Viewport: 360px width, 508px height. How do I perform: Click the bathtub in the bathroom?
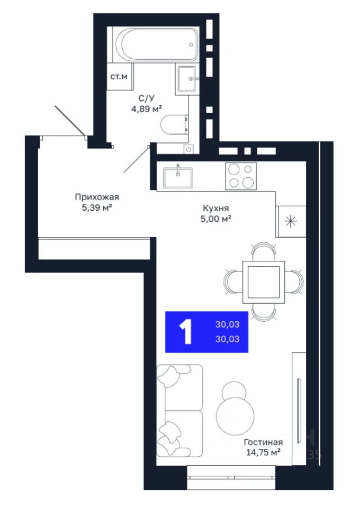pos(156,44)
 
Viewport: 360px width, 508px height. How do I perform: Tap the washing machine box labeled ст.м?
pos(119,77)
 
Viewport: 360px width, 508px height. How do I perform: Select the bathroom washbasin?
pos(187,79)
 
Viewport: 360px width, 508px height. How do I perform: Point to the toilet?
pos(174,124)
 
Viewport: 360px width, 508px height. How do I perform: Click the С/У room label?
pos(147,98)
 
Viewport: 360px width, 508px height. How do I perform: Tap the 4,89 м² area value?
pos(147,108)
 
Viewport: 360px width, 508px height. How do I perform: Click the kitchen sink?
pos(178,177)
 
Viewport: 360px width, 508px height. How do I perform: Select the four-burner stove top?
pos(241,176)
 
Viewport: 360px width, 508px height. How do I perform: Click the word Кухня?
pos(216,207)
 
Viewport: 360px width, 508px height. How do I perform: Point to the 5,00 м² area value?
pos(216,219)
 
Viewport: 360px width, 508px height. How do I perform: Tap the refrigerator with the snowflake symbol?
pos(291,221)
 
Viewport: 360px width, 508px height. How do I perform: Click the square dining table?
pos(264,282)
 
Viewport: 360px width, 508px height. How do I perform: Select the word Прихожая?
pos(97,197)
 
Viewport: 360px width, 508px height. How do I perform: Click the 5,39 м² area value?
pos(97,207)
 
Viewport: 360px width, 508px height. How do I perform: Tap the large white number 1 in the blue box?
pos(186,331)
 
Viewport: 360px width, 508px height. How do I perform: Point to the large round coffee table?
pos(235,416)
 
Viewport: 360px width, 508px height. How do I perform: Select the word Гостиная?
pos(263,442)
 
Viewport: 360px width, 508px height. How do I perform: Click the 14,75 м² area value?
pos(263,452)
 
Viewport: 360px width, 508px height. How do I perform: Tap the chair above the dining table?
pos(264,251)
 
